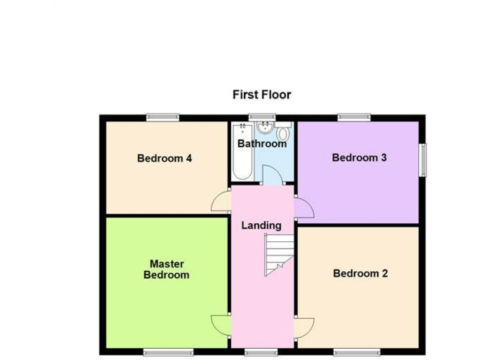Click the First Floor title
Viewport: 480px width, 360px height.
tap(261, 95)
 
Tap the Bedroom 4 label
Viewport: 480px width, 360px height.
tap(164, 158)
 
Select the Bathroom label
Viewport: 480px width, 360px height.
tap(262, 144)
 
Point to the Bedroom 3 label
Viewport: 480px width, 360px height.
tap(359, 157)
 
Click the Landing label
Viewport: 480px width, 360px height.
tap(261, 225)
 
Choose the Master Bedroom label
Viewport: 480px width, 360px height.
tap(166, 269)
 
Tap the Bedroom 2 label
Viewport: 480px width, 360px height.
tap(360, 273)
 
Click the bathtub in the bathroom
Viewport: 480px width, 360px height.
tap(242, 151)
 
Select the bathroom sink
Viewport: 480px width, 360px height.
tap(264, 129)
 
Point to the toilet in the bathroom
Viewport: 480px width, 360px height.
tap(283, 132)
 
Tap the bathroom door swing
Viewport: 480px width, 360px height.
tap(271, 175)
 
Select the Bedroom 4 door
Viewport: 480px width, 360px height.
tap(221, 201)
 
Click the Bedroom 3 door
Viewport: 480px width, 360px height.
tap(304, 208)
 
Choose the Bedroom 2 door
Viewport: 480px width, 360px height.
tap(304, 327)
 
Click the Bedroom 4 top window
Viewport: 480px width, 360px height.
tap(162, 117)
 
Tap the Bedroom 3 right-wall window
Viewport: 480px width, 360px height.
tap(423, 160)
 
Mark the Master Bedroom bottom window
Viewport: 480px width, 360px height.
tap(168, 352)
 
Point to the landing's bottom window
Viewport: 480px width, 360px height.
tap(261, 352)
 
